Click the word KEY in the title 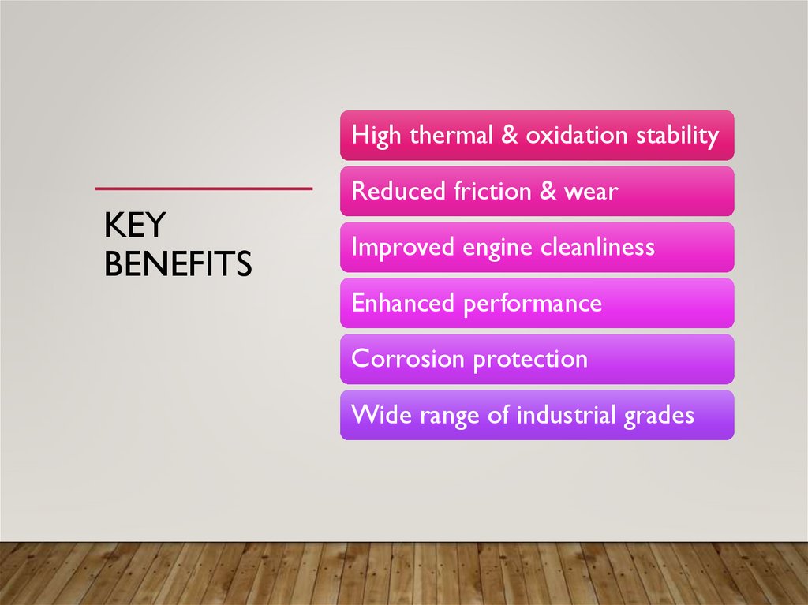[134, 226]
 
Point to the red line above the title [204, 189]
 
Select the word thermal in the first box [449, 135]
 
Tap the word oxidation [577, 135]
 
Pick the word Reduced [398, 191]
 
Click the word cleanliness [597, 247]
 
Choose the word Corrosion [408, 359]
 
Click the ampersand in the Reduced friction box [548, 191]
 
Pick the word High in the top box [376, 136]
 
